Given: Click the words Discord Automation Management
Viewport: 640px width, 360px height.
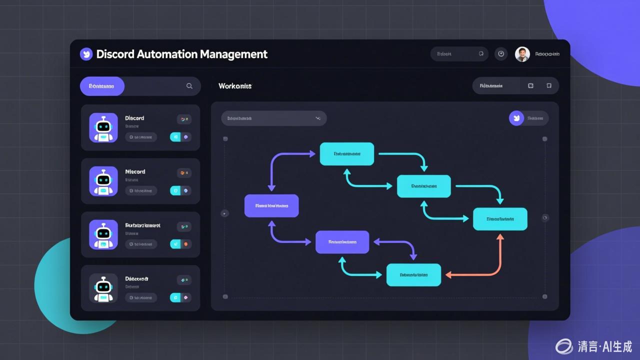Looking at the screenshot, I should (181, 54).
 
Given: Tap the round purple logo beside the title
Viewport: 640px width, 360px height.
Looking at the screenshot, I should (86, 54).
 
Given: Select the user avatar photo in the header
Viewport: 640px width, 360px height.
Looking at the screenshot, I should (522, 54).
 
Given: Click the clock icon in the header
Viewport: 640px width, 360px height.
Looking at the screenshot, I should (501, 54).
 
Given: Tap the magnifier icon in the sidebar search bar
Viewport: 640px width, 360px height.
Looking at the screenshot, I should (189, 86).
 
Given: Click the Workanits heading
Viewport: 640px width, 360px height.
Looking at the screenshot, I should (235, 86).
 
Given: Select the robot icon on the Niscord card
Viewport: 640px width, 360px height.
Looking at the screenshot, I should (103, 181).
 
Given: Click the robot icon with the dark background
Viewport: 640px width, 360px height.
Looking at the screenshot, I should (103, 288).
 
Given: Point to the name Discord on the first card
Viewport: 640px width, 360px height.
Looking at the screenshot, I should (134, 118).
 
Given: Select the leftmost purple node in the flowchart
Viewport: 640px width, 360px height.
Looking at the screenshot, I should (271, 205).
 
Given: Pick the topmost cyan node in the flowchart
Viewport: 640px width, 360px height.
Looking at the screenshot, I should (347, 154).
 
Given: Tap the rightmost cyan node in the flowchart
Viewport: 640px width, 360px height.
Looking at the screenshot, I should (500, 219).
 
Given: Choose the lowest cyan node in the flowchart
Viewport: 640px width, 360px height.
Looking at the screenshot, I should (413, 275).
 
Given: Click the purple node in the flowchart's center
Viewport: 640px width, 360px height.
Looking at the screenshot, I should (342, 242).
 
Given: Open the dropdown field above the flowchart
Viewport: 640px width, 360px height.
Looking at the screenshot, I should (273, 118).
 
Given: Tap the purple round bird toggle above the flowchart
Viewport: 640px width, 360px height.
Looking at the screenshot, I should (516, 118).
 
